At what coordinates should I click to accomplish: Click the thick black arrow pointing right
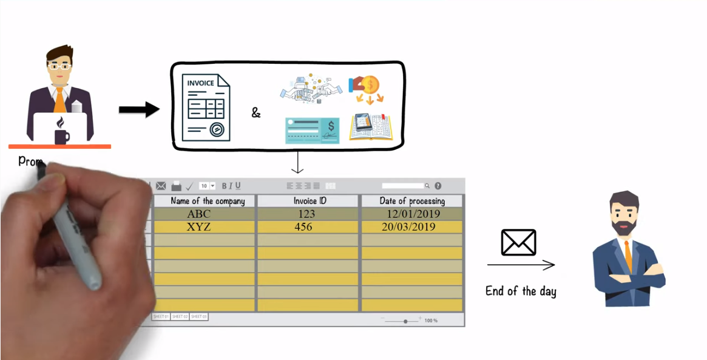tap(138, 110)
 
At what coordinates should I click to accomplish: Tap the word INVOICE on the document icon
tap(200, 83)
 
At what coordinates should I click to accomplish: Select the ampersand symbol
tap(256, 112)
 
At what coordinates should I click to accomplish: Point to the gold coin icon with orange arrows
tap(367, 89)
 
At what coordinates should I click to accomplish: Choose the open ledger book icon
tap(371, 127)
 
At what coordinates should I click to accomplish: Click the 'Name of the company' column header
tap(208, 201)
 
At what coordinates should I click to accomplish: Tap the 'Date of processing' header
tap(412, 201)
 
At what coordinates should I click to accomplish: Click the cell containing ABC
tap(198, 214)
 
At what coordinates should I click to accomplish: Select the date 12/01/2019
tap(413, 214)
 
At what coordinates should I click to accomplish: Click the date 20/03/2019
tap(408, 227)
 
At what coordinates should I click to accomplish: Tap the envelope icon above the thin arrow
tap(518, 242)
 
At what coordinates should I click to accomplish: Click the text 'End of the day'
tap(521, 291)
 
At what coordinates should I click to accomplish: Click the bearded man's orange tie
tap(628, 255)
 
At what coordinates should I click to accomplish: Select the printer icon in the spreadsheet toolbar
tap(176, 186)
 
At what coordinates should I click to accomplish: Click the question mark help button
tap(438, 186)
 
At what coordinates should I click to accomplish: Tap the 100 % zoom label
tap(431, 320)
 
